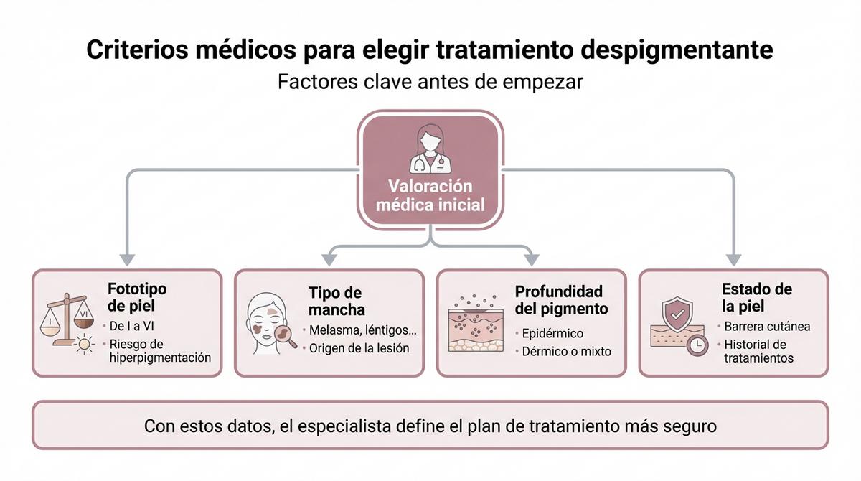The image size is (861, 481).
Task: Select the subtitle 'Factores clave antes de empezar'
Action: click(x=430, y=82)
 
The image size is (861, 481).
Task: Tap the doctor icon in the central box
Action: click(x=430, y=149)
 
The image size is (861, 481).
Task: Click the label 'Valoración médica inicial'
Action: click(x=430, y=195)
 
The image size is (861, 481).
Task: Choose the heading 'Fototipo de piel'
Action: click(x=137, y=296)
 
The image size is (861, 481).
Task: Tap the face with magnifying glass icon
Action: click(x=271, y=324)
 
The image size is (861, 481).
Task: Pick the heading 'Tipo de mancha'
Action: click(x=337, y=302)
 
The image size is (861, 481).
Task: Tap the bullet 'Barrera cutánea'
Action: click(x=767, y=327)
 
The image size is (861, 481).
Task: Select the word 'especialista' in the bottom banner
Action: click(x=344, y=426)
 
